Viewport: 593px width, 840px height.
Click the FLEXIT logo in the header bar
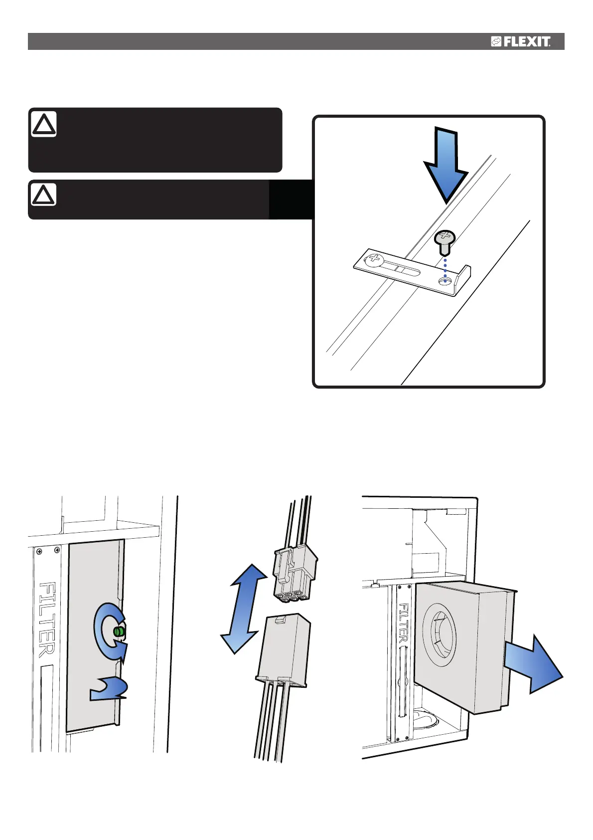521,42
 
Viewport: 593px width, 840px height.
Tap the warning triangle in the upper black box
44,125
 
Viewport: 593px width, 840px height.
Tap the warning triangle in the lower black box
44,195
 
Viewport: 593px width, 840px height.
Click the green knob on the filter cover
119,631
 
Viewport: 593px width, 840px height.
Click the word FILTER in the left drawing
47,619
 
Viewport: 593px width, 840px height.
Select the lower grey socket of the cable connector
285,648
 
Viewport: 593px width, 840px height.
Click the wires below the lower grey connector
272,723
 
